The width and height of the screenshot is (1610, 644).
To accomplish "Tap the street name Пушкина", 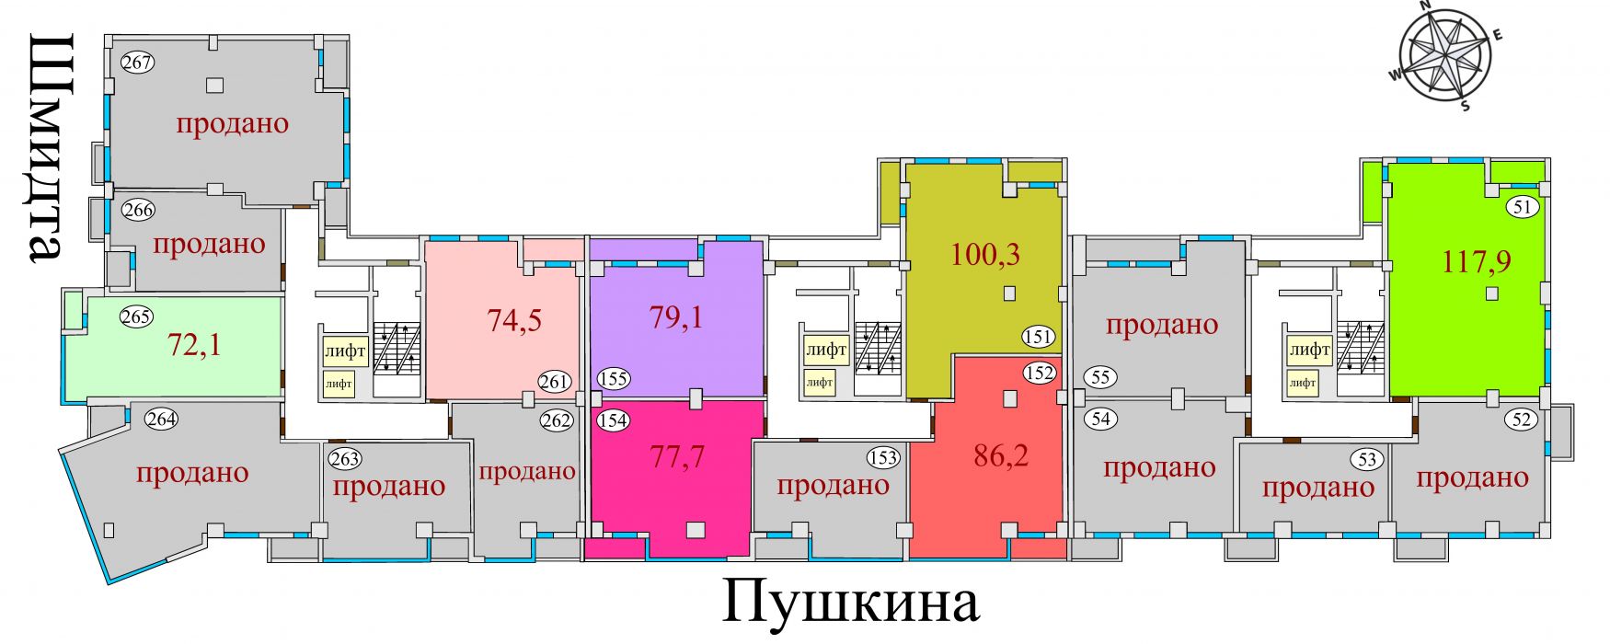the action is tap(850, 603).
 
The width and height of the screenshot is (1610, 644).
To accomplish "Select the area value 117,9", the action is tap(1477, 262).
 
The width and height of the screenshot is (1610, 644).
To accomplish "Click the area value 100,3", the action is tap(985, 253).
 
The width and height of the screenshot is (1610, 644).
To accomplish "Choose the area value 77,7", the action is tap(677, 454).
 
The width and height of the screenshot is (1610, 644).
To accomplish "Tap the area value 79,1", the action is tap(676, 316).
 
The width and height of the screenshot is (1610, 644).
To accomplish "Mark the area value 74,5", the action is tap(514, 319).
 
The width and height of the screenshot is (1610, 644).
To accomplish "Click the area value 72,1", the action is tap(194, 345).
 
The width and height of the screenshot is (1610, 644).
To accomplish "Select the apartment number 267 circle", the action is tap(138, 63).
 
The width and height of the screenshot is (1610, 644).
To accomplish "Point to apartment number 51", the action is tap(1523, 207).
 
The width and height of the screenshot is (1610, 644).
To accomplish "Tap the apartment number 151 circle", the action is tap(1038, 337).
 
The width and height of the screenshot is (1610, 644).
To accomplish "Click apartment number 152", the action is tap(1039, 373).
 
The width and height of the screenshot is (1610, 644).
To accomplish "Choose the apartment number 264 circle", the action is tap(162, 420).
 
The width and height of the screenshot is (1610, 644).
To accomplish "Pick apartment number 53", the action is tap(1367, 459).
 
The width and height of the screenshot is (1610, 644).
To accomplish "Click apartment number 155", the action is tap(614, 378).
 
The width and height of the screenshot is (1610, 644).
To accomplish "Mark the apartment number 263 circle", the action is tap(345, 458).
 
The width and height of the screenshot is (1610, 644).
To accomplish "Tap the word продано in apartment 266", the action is tap(209, 244).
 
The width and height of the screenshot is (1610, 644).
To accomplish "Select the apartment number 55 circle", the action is tap(1101, 377).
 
